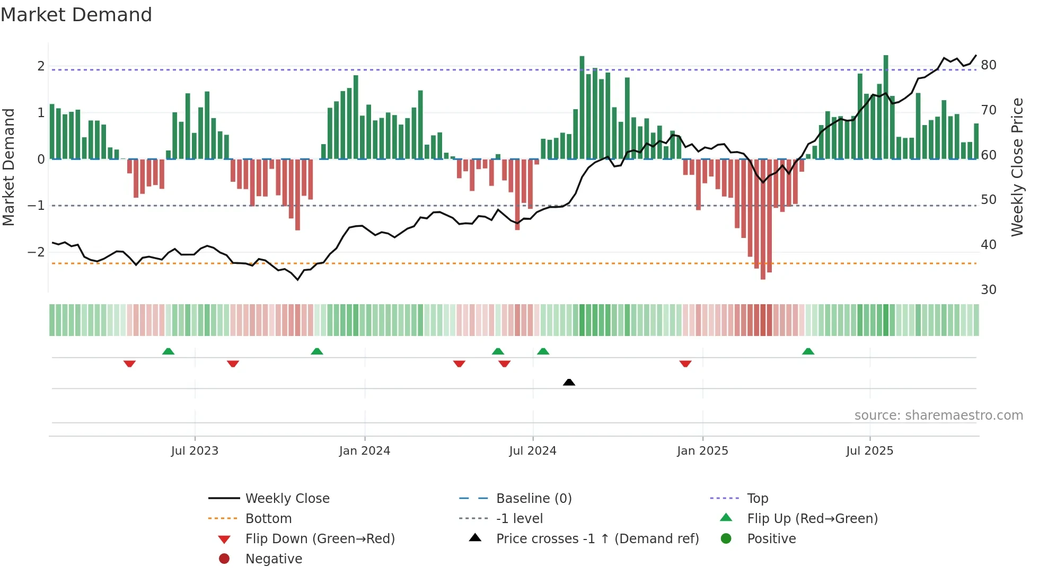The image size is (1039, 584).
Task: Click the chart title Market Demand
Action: pos(76,15)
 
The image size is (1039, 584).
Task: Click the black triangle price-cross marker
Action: pos(569,382)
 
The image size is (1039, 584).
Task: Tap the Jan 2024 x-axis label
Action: pos(365,451)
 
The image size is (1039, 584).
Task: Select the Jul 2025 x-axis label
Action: pos(869,451)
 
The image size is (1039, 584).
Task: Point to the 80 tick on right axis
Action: pos(989,65)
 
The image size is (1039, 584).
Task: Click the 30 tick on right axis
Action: pos(989,290)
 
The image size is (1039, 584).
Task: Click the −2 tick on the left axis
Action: pos(36,252)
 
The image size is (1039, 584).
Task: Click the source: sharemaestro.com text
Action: pos(938,415)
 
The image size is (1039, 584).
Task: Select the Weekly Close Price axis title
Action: pos(1017,167)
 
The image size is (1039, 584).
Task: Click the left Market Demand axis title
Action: pos(8,167)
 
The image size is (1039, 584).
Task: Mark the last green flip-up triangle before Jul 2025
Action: pos(808,351)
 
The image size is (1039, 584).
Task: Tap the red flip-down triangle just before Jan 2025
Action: pos(685,364)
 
